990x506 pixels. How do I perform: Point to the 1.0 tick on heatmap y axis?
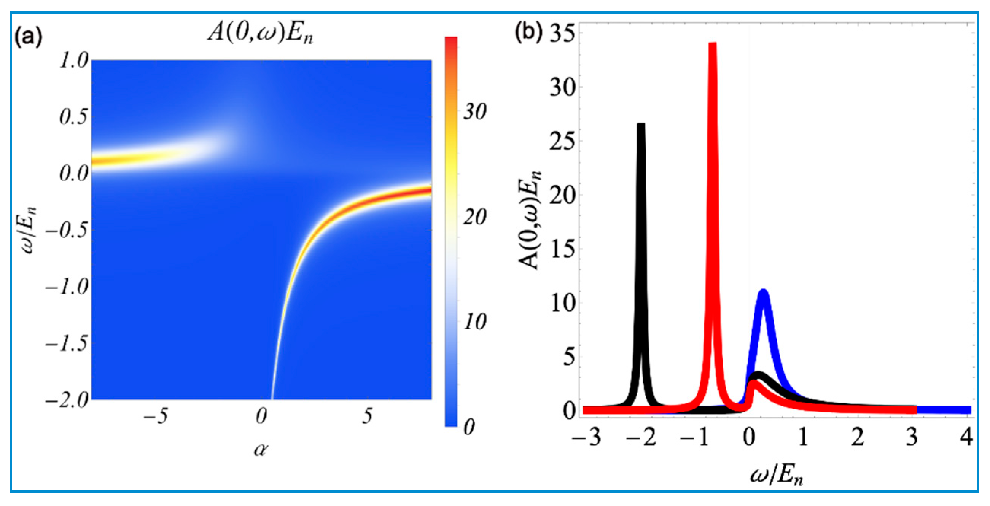74,60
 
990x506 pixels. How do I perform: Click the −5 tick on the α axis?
156,416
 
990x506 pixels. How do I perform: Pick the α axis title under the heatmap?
261,449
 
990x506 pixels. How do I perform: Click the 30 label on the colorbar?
474,112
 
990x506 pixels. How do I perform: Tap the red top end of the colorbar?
451,40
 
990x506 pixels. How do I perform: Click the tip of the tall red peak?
713,45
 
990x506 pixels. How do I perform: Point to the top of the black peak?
641,125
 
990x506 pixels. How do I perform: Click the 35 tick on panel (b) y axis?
565,34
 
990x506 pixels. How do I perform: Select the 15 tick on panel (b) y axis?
565,249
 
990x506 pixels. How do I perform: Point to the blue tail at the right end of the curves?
945,410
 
